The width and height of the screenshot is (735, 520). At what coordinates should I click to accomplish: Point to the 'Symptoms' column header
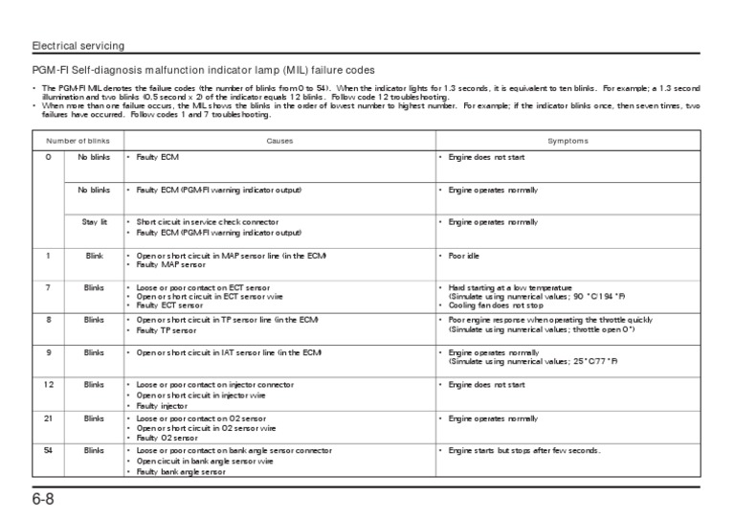pos(568,141)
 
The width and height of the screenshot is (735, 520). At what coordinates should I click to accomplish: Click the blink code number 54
pos(48,450)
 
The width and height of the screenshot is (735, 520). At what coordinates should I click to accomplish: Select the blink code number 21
pos(48,418)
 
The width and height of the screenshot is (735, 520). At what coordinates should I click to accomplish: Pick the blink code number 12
pos(48,384)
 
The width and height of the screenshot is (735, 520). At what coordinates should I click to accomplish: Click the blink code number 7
pos(48,287)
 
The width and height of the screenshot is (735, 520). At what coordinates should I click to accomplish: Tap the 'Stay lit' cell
pos(95,221)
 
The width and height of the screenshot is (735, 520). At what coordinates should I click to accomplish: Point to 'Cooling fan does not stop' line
pos(497,305)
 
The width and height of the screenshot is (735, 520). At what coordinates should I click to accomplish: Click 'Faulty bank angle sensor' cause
pos(181,472)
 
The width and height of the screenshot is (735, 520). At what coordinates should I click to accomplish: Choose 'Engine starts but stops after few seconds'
pos(523,450)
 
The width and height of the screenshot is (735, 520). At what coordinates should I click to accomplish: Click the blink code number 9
pos(48,352)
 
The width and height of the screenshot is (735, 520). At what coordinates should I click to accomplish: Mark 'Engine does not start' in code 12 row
pos(487,384)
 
